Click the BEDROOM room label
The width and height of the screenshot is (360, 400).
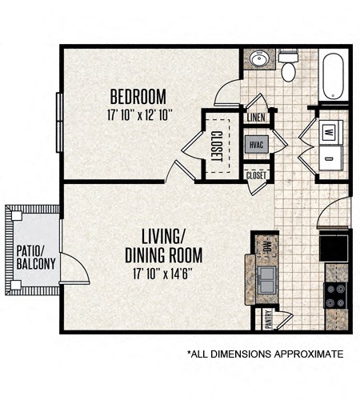(x=138, y=97)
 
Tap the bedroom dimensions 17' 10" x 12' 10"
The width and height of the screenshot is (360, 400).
(x=138, y=115)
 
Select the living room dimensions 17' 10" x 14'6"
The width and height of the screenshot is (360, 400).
(x=162, y=274)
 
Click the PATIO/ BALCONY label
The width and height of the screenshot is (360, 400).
(x=36, y=258)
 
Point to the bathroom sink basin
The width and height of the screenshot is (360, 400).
(x=259, y=58)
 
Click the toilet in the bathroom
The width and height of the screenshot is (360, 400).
(x=288, y=66)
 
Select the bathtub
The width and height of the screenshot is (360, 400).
(x=334, y=77)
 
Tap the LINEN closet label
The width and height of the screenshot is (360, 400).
(x=256, y=118)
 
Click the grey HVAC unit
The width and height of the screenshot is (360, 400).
(x=257, y=144)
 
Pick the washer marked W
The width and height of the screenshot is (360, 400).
(x=330, y=132)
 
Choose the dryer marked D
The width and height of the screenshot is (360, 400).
(x=330, y=158)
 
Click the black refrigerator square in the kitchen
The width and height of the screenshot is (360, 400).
(x=334, y=247)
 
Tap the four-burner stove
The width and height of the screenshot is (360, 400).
(x=336, y=295)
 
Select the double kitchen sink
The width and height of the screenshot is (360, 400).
(x=266, y=280)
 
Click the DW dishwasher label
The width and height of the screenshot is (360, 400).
(x=267, y=246)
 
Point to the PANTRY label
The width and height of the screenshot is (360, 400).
(x=268, y=319)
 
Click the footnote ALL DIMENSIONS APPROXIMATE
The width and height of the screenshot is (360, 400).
(x=266, y=354)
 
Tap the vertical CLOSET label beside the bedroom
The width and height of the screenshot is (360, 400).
(x=217, y=146)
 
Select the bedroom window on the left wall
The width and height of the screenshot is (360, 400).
(x=59, y=122)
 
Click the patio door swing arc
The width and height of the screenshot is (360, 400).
(x=80, y=266)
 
